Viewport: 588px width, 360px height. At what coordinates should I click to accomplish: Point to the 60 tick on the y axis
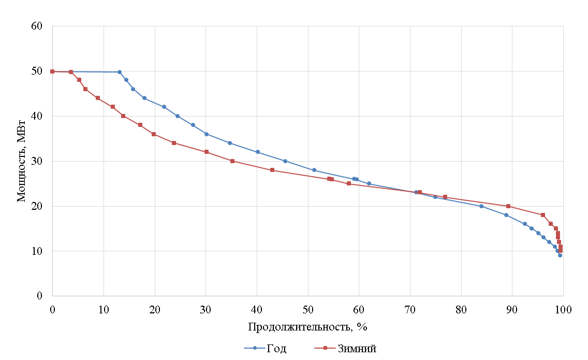[x=43, y=26]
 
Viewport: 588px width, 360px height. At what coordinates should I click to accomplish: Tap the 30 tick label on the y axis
[x=43, y=161]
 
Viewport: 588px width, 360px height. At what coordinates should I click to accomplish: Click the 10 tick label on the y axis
[x=43, y=251]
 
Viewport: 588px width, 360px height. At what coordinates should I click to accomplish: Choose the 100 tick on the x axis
[x=563, y=309]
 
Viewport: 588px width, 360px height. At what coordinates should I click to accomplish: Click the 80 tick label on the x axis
[x=461, y=309]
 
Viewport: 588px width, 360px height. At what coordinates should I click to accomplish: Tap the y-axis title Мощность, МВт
[x=22, y=161]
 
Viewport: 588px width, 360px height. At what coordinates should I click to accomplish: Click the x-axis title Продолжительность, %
[x=307, y=327]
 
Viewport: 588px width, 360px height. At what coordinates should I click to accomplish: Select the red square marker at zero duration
[x=52, y=71]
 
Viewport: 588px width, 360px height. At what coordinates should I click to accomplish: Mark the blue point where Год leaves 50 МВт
[x=120, y=72]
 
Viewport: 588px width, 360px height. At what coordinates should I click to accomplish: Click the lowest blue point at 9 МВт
[x=560, y=255]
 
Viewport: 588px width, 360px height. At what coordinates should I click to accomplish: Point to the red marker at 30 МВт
[x=232, y=161]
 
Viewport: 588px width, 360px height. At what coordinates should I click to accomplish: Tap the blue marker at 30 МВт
[x=285, y=161]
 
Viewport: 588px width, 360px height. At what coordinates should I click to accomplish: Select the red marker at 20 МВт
[x=508, y=206]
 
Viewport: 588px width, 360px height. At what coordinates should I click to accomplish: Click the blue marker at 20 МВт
[x=481, y=206]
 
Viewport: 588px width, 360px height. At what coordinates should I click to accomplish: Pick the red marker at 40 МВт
[x=123, y=116]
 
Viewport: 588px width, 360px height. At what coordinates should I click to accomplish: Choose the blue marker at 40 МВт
[x=178, y=116]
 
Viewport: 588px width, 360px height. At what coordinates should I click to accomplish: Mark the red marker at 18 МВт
[x=543, y=215]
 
